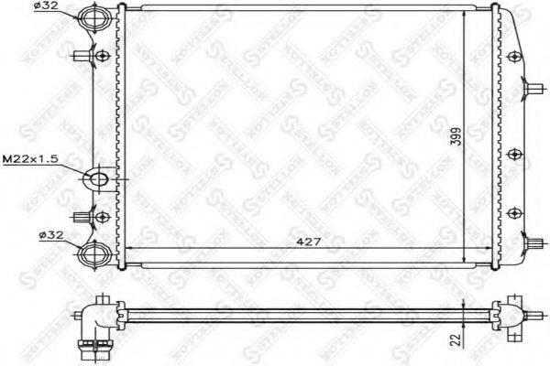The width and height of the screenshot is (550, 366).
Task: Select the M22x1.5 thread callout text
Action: pyautogui.click(x=29, y=158)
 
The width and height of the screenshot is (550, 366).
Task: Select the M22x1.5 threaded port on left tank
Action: pyautogui.click(x=99, y=178)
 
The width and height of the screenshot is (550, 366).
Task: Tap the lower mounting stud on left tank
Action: pyautogui.click(x=88, y=218)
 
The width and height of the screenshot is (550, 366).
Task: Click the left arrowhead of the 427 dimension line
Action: pyautogui.click(x=127, y=249)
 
